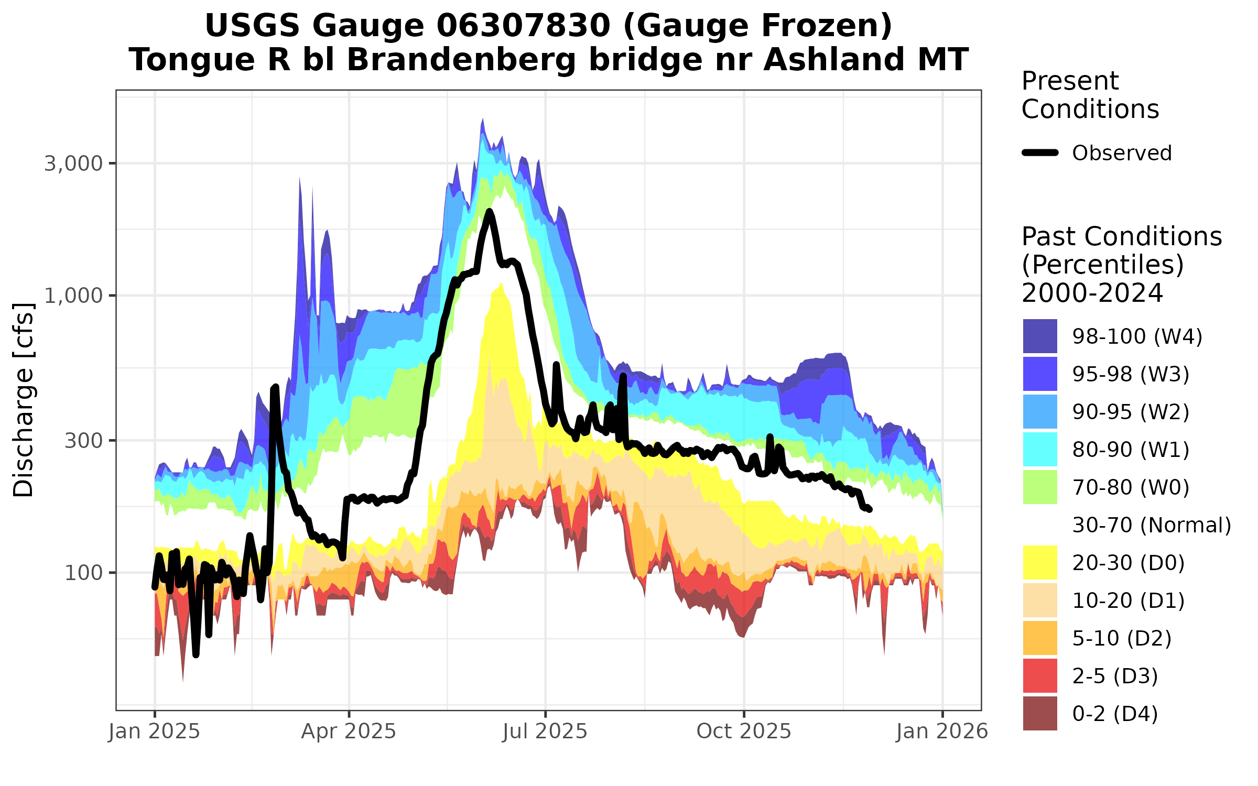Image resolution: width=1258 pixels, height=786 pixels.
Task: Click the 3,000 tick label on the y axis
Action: [x=73, y=164]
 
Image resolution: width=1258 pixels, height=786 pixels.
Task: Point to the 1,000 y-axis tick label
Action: [x=73, y=296]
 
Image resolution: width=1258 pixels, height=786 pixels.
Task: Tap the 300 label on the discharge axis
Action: [x=83, y=441]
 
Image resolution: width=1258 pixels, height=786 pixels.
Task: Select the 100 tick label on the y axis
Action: [x=83, y=573]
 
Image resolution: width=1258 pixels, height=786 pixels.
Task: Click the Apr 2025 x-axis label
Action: [x=349, y=732]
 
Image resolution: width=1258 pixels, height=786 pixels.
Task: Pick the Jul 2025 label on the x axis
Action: [x=545, y=732]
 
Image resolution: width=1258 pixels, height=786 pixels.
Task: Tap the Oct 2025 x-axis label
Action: [x=744, y=732]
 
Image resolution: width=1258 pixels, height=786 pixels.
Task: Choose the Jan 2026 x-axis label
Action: [x=942, y=732]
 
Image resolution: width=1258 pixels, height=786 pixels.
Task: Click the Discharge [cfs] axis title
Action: [x=24, y=400]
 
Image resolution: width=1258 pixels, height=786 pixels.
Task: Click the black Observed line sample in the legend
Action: [x=1040, y=153]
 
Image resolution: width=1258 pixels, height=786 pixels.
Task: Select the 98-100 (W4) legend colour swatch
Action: [x=1040, y=336]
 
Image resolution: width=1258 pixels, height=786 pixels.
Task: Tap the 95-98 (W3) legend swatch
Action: [x=1040, y=374]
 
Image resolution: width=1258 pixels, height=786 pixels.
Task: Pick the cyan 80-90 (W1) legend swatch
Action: [x=1040, y=449]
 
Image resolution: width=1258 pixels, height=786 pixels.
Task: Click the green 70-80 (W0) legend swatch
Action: [x=1040, y=487]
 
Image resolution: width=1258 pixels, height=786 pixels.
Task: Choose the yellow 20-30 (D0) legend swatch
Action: [x=1040, y=562]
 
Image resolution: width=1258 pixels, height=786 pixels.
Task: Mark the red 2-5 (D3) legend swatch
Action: [x=1040, y=675]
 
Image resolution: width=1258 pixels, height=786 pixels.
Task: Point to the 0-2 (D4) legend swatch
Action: [x=1040, y=713]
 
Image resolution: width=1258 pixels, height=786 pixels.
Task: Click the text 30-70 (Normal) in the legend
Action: [x=1152, y=525]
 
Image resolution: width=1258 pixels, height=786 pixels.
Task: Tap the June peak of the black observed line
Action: [x=489, y=212]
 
